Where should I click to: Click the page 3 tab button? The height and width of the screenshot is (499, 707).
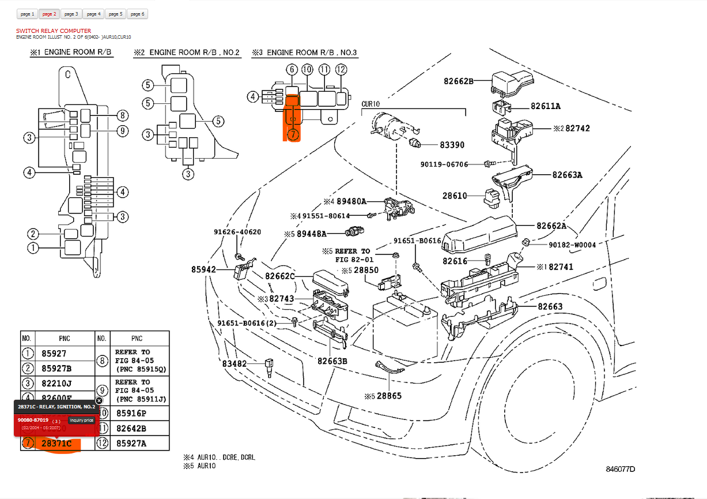[71, 13]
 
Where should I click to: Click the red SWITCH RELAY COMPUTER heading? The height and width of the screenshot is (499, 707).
[54, 31]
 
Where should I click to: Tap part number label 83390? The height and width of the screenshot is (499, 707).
[452, 145]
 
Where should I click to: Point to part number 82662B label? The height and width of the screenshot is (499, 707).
[458, 81]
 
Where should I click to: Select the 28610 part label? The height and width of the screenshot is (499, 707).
[455, 196]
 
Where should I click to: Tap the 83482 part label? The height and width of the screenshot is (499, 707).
[234, 363]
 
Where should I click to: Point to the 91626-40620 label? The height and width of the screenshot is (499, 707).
[237, 232]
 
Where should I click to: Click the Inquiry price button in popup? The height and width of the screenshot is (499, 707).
[81, 420]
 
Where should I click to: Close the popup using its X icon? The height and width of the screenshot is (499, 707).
[99, 400]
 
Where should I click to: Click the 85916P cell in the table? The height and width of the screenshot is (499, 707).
[131, 413]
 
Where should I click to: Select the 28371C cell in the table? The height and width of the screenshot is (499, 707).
[56, 443]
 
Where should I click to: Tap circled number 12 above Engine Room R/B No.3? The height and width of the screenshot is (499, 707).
[341, 70]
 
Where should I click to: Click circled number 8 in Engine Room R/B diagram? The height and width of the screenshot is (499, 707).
[122, 115]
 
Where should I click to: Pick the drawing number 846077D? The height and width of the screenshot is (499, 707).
[620, 469]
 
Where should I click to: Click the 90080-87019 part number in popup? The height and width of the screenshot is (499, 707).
[33, 420]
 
